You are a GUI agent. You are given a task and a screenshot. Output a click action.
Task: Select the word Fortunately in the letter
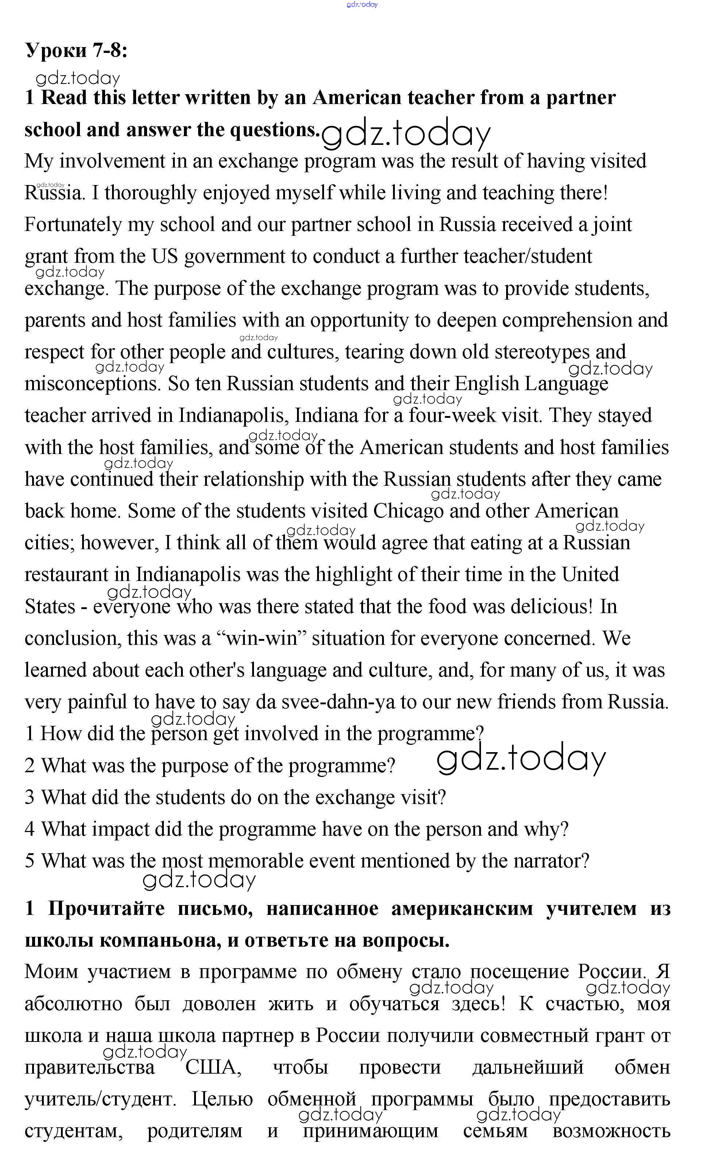73,224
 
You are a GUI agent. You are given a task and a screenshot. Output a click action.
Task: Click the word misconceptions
92,384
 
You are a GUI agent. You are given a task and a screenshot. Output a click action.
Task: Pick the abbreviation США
213,1068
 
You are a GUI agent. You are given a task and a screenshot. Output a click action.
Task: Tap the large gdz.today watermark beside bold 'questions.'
406,134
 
